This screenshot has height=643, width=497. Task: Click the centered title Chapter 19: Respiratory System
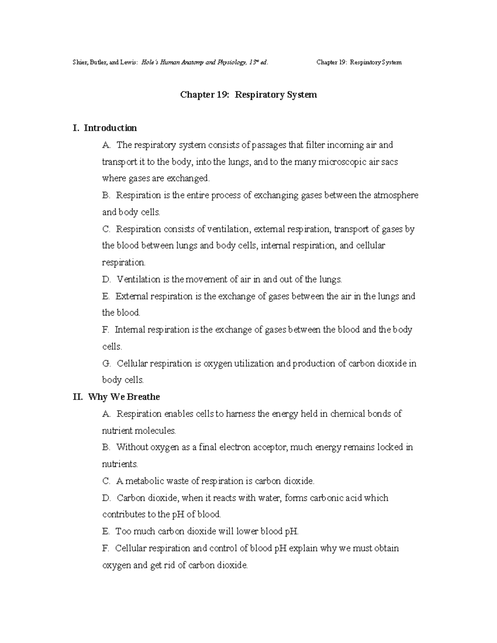248,95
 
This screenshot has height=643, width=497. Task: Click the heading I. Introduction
104,128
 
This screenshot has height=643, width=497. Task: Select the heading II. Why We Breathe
116,397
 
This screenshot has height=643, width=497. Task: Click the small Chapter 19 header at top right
359,63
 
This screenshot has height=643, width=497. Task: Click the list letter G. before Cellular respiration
106,364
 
